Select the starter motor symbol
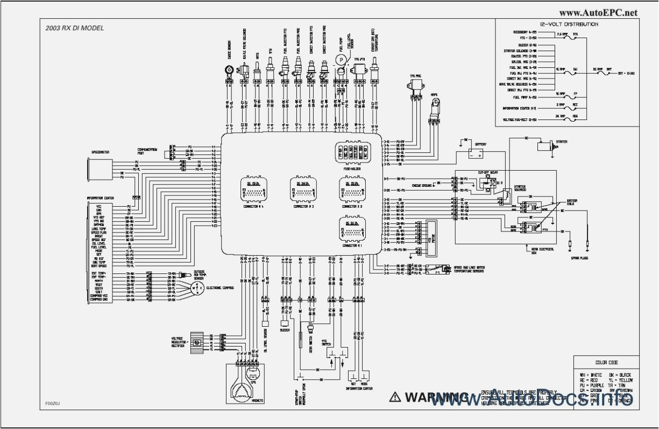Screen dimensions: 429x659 [547, 145]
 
